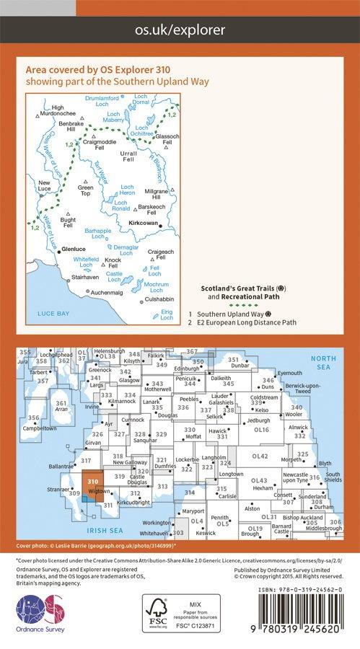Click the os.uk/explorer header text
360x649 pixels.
(x=180, y=30)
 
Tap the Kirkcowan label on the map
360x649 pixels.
(x=143, y=224)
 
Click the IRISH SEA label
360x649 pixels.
(x=99, y=530)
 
